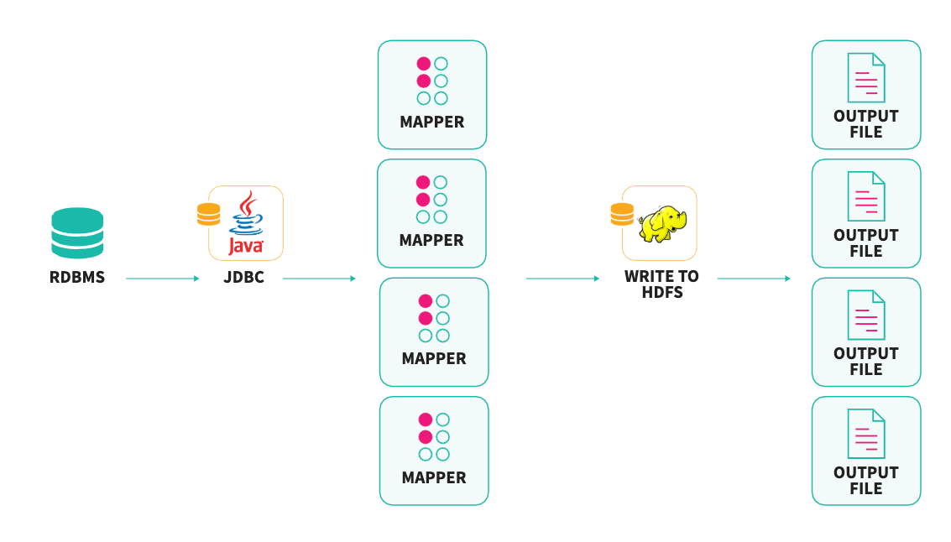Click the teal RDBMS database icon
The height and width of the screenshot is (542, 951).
tap(77, 232)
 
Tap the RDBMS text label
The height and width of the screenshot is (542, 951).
tap(77, 277)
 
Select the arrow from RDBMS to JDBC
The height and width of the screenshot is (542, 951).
tap(162, 278)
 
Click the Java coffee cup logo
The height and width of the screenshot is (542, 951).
tap(246, 222)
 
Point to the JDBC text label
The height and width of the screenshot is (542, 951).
tap(244, 277)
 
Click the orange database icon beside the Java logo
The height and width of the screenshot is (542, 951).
tap(208, 215)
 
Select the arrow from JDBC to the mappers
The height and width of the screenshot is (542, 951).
tap(319, 278)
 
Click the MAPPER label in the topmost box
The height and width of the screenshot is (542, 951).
tap(432, 122)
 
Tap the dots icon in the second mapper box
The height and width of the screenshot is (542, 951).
tap(431, 200)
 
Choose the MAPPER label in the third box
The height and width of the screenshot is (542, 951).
tap(434, 358)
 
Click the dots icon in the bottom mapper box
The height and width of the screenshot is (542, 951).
tap(434, 437)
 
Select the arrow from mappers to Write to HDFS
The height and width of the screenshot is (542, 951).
tap(562, 278)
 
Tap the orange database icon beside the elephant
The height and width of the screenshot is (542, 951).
tap(622, 215)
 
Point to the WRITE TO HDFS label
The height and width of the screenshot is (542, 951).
tap(661, 284)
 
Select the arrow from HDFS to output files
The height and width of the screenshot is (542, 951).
tap(754, 278)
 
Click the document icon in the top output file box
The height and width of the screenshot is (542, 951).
tap(866, 78)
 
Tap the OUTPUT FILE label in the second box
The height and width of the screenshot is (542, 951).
tap(866, 243)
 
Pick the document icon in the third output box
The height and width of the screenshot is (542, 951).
tap(866, 315)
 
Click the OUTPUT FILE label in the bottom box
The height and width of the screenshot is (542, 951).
tap(866, 481)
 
